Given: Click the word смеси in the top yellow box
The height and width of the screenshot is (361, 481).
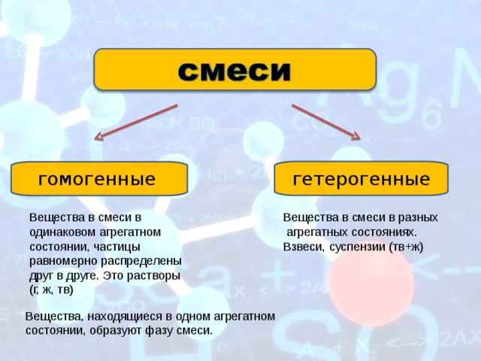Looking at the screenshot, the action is point(234,71).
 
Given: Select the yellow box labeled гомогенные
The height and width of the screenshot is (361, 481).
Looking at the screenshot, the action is point(99,179).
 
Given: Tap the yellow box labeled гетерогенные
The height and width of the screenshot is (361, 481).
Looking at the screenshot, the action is point(361,178).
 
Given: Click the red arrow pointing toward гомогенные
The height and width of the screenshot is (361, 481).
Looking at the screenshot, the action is point(136,122).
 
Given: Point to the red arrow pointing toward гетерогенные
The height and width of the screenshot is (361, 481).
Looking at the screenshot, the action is point(326,122).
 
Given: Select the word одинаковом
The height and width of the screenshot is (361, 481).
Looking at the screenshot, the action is point(62,232).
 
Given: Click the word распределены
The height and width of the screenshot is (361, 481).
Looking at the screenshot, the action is point(141,262).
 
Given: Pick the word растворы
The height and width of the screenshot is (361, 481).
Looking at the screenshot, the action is point(153,276).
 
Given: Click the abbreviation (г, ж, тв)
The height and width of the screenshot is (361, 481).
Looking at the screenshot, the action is point(51,290).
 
